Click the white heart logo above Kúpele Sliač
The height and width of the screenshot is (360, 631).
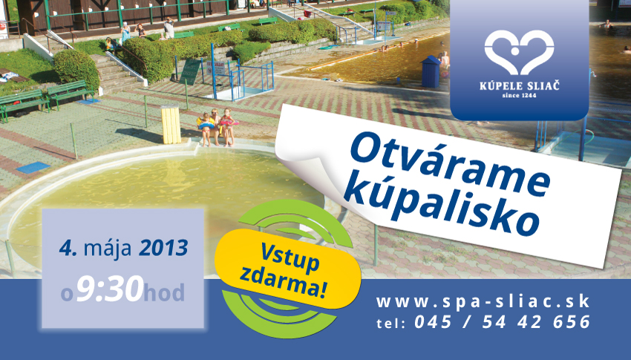pyautogui.click(x=519, y=52)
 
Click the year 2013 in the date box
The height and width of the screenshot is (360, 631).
pyautogui.click(x=163, y=248)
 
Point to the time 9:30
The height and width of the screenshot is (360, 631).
pyautogui.click(x=109, y=289)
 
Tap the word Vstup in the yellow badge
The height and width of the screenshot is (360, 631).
pyautogui.click(x=290, y=257)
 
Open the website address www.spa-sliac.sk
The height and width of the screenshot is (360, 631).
pyautogui.click(x=483, y=301)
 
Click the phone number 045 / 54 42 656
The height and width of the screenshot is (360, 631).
pyautogui.click(x=503, y=322)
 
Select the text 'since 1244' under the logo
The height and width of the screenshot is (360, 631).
pyautogui.click(x=519, y=96)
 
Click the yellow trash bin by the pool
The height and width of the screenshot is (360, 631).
pyautogui.click(x=171, y=124)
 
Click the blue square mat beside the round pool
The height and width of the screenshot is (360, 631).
pyautogui.click(x=33, y=167)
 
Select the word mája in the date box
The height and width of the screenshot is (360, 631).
pyautogui.click(x=108, y=249)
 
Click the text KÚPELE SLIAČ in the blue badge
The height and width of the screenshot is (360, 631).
pyautogui.click(x=519, y=85)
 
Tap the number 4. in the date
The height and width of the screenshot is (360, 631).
pyautogui.click(x=68, y=248)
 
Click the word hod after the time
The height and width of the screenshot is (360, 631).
pyautogui.click(x=164, y=292)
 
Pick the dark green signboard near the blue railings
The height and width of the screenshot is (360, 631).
pyautogui.click(x=190, y=71)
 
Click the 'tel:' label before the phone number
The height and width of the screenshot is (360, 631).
pyautogui.click(x=390, y=324)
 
